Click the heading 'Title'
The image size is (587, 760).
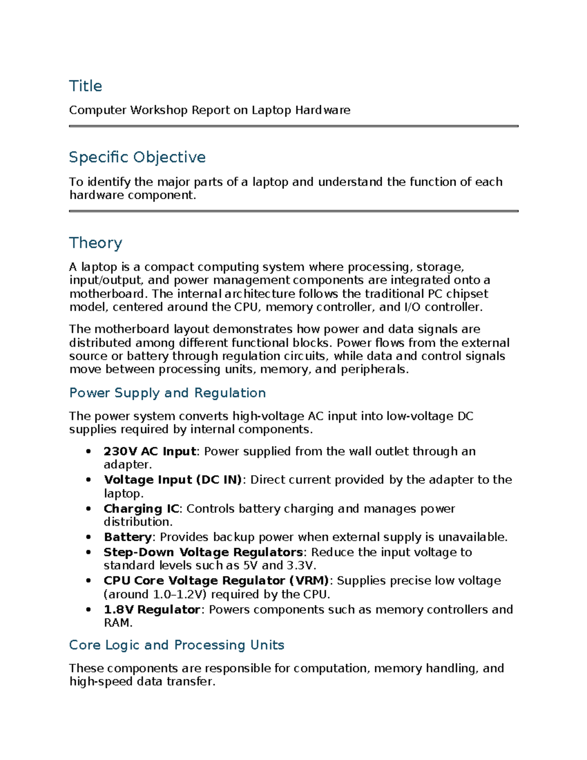click(x=86, y=86)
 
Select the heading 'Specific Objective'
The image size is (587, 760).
click(x=137, y=157)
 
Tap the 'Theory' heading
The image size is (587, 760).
click(x=95, y=243)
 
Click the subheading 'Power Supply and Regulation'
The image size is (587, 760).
click(x=167, y=393)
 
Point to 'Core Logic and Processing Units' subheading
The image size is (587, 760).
click(x=177, y=645)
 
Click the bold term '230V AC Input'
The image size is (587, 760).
click(x=150, y=451)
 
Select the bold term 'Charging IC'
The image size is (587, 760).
click(x=141, y=509)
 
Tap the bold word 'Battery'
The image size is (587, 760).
click(x=128, y=537)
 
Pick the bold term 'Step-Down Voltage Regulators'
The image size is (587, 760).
click(x=203, y=553)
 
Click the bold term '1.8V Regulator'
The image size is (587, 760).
click(x=152, y=610)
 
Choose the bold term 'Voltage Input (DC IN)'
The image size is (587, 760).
click(x=173, y=480)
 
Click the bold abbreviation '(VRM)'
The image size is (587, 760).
click(x=309, y=581)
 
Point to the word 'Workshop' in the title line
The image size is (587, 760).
click(x=159, y=110)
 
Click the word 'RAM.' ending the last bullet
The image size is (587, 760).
click(x=118, y=623)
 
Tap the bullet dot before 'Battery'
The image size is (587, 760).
click(x=89, y=537)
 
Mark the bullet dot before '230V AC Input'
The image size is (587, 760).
click(x=89, y=451)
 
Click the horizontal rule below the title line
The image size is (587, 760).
click(x=293, y=126)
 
